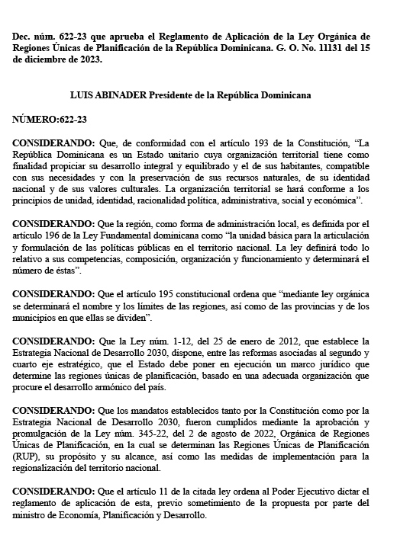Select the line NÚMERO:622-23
[x=49, y=120]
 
